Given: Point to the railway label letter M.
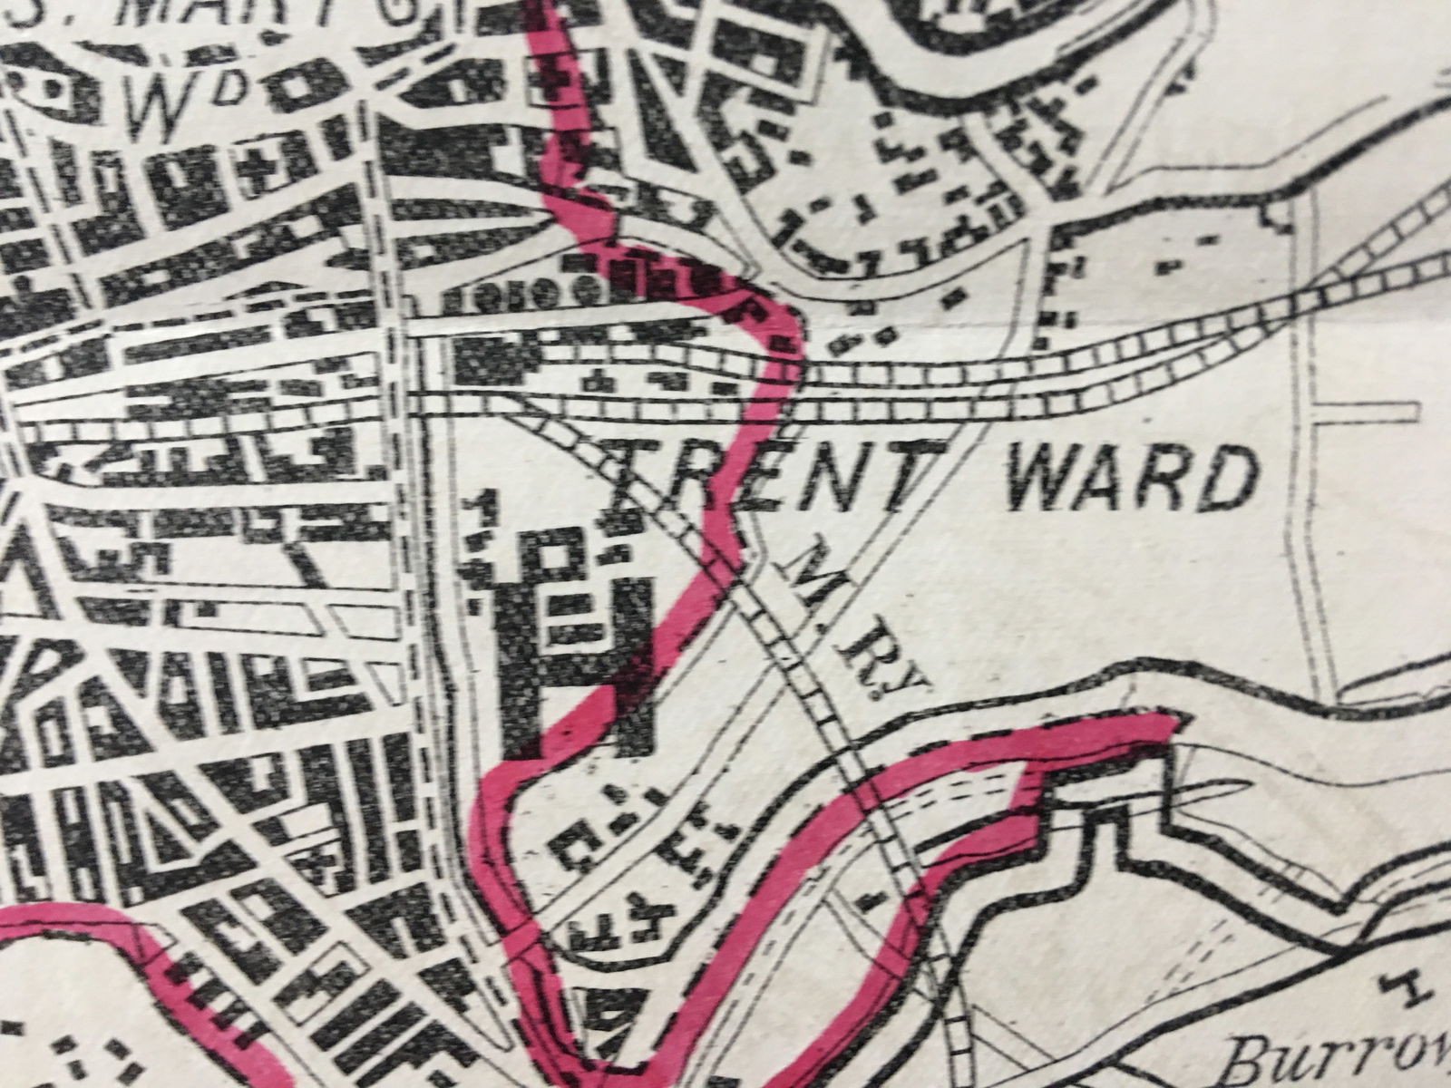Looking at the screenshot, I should pyautogui.click(x=805, y=589).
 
